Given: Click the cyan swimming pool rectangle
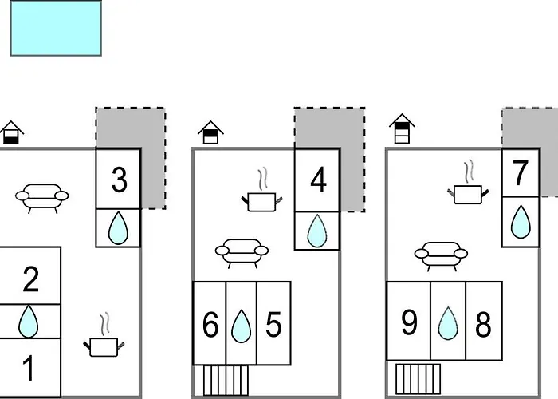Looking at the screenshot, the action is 56,28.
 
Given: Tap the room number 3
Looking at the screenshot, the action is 120,180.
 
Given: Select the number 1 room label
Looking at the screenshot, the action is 29,369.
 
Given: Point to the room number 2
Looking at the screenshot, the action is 30,279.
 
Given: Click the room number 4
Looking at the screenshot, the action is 318,180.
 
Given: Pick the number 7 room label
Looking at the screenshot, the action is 520,173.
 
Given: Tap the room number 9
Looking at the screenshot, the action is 409,322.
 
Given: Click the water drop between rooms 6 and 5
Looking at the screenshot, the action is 241,326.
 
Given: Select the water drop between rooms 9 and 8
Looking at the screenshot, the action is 448,323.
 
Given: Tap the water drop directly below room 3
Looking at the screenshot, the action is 118,228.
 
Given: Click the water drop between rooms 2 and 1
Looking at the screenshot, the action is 28,322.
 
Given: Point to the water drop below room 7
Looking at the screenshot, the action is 521,222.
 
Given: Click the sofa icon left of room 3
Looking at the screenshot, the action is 42,199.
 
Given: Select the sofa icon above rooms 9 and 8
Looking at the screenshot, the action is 441,256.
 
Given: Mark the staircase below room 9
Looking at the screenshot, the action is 418,379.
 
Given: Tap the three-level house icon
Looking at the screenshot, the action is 402,129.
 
